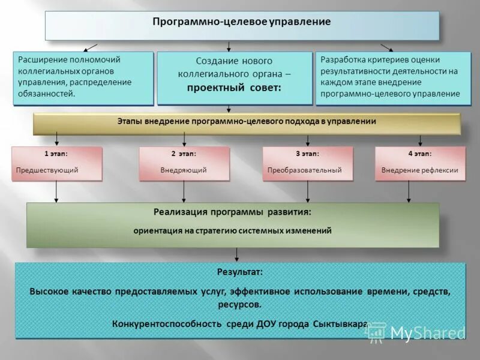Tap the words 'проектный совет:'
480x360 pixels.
pos(233,88)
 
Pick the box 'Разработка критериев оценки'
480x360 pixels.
pos(392,78)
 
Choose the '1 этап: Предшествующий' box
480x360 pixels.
pos(56,163)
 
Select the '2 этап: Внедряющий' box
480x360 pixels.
pos(184,163)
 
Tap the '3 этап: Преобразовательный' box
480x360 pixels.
pos(307,163)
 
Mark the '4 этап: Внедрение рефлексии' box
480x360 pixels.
pos(420,163)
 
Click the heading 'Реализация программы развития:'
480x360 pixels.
pos(232,212)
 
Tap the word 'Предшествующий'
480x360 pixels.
pos(47,170)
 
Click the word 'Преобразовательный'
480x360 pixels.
pos(304,170)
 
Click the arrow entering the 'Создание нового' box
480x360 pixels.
pos(229,47)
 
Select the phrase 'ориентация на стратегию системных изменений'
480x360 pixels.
pos(232,230)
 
